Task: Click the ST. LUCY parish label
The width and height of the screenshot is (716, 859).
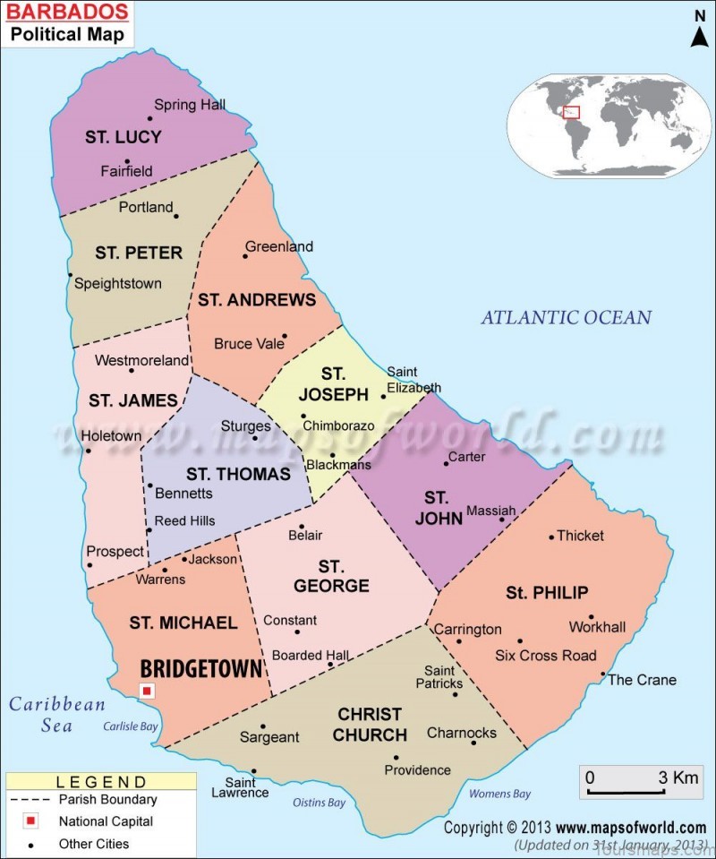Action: click(x=124, y=137)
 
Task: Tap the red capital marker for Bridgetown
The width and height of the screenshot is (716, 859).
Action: click(x=147, y=691)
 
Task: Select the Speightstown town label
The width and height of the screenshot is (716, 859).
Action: click(x=117, y=284)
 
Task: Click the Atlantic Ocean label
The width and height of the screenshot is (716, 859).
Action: click(x=566, y=317)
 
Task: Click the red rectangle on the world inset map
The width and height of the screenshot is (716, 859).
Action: click(x=571, y=112)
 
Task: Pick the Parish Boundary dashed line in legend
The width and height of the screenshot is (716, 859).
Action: click(x=30, y=799)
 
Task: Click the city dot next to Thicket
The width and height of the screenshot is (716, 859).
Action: click(x=551, y=537)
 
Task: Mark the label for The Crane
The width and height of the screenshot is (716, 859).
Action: click(x=642, y=680)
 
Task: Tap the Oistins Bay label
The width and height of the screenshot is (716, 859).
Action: click(x=320, y=803)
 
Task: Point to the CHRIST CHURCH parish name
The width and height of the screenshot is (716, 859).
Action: click(x=370, y=725)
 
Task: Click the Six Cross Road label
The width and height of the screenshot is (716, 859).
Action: click(x=545, y=656)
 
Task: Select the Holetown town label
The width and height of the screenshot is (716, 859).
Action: click(x=111, y=436)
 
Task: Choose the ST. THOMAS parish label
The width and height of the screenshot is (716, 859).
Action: click(x=238, y=474)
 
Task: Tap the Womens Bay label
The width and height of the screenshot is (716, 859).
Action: click(x=500, y=794)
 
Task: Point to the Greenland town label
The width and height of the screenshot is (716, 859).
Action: click(x=279, y=246)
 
